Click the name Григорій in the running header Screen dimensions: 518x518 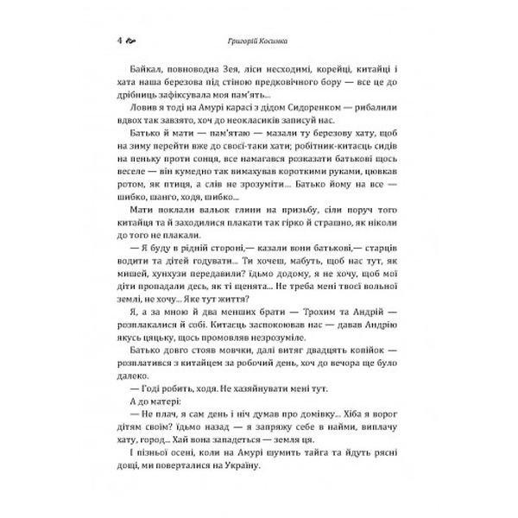(x=243, y=40)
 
